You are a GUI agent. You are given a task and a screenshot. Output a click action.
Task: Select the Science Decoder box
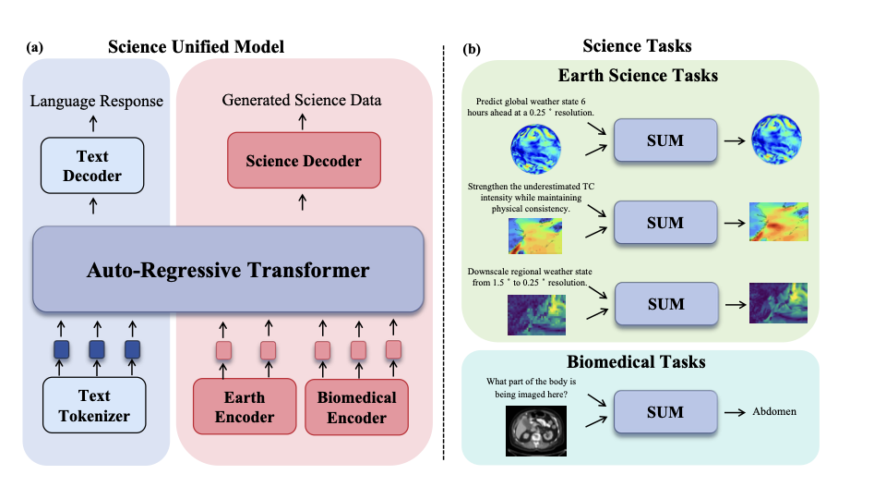[x=304, y=161]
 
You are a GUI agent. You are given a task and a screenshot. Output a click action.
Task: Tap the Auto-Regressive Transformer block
[x=227, y=271]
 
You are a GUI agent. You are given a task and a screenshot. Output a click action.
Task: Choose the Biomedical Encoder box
[x=356, y=407]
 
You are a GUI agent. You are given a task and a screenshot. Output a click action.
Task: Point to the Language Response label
[x=96, y=101]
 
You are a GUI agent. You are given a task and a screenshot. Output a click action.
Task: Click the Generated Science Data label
[x=302, y=100]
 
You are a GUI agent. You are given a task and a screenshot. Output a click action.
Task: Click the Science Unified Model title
[x=196, y=47]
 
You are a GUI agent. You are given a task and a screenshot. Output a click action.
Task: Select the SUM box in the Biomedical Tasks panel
[x=665, y=412]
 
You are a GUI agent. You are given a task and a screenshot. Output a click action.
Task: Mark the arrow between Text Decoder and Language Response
[x=92, y=125]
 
